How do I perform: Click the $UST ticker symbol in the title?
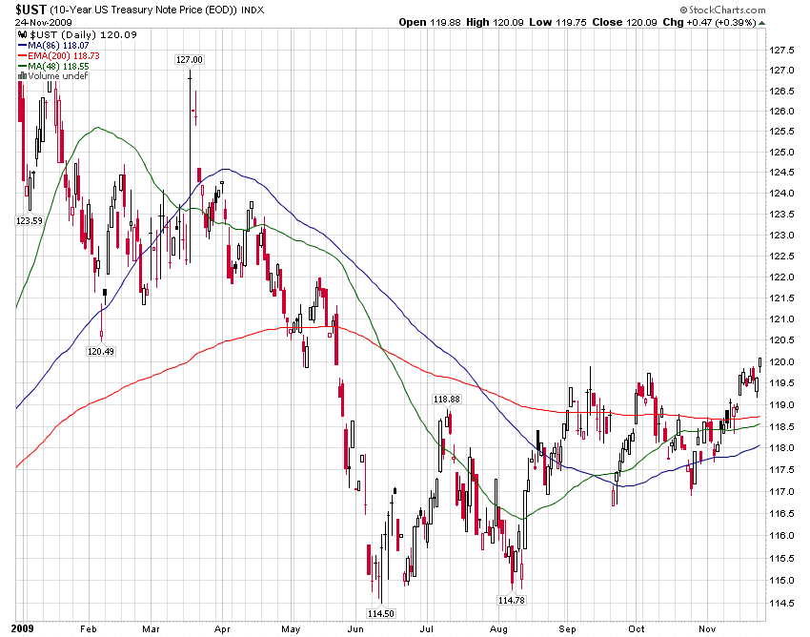32,8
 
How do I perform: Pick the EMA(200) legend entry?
58,54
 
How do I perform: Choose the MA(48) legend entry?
53,65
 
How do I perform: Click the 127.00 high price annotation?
190,59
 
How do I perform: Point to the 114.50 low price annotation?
382,612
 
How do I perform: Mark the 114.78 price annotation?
511,600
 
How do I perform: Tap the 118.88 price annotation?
447,400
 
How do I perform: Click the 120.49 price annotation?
101,351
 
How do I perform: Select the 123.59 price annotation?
30,220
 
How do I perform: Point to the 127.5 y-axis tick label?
783,51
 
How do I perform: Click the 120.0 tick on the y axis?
783,362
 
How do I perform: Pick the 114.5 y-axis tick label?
783,602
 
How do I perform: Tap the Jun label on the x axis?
357,629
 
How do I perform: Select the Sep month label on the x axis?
569,629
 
